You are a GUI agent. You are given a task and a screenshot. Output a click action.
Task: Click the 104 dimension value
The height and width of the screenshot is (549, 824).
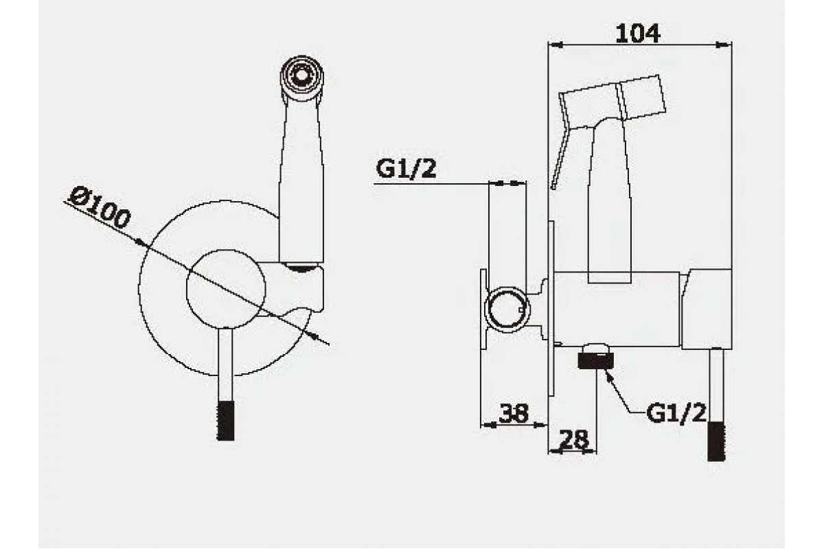(x=637, y=33)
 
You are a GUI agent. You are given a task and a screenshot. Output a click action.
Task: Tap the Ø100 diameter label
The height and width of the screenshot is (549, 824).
(x=100, y=208)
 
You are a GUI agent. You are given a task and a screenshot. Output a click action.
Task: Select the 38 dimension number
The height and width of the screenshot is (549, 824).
(x=513, y=413)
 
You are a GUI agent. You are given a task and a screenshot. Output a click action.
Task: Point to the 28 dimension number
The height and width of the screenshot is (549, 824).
(x=573, y=439)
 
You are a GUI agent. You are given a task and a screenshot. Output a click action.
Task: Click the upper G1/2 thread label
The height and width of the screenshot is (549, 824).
(x=406, y=169)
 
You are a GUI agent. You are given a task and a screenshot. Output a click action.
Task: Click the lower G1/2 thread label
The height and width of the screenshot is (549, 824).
(x=676, y=412)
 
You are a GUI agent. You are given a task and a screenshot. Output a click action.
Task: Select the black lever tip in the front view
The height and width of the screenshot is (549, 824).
(x=225, y=421)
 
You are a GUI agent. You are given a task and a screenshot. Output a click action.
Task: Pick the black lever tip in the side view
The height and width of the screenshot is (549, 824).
(x=716, y=441)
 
